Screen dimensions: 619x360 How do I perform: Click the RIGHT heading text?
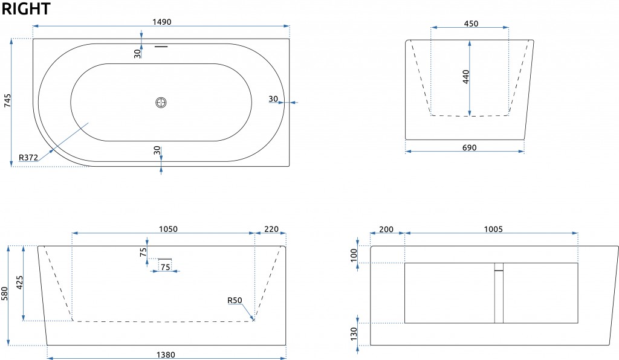click(26, 8)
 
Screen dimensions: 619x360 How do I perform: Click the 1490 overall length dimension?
click(162, 22)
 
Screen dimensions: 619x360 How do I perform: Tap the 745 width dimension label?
click(7, 100)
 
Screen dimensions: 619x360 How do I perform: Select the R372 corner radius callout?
click(28, 158)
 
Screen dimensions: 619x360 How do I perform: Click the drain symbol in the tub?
click(161, 103)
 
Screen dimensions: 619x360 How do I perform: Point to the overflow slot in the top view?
click(161, 47)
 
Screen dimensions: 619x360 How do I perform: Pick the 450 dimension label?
click(471, 24)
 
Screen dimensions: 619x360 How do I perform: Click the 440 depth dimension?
click(466, 77)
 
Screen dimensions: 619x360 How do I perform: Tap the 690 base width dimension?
click(469, 147)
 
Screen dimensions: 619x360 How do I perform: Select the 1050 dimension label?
click(168, 229)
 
